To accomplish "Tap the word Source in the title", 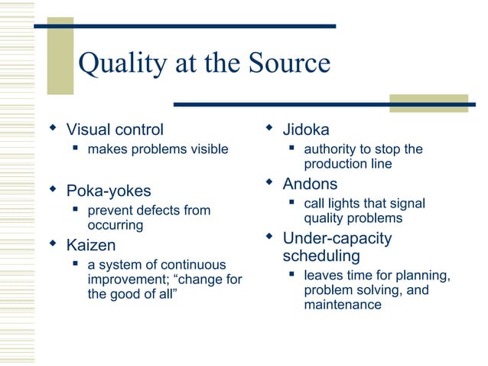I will click(288, 64).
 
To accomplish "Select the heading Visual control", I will click(115, 129).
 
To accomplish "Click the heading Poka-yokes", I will click(109, 190).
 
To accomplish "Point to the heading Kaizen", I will click(91, 245).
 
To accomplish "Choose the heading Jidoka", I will click(306, 129).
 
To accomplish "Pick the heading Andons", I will click(310, 184).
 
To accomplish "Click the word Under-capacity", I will click(337, 238).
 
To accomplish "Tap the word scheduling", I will click(321, 255).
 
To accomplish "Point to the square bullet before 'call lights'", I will click(292, 204).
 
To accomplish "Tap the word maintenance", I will click(342, 305).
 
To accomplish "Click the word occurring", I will click(115, 225).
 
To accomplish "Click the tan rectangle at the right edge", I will click(428, 103).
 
